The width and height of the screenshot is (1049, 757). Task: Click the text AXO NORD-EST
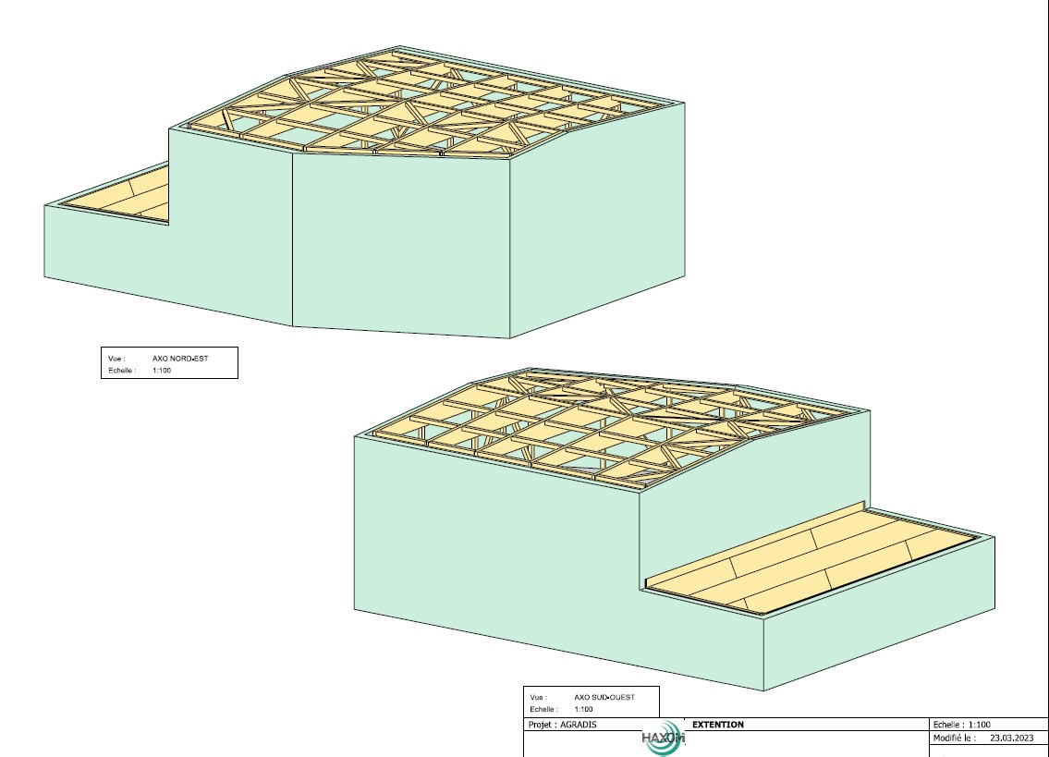180,358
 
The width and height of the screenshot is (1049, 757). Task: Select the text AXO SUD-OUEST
604,697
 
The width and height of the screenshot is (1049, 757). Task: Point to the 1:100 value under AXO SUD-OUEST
583,709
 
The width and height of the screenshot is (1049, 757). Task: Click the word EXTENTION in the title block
717,725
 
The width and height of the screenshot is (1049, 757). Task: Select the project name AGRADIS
579,725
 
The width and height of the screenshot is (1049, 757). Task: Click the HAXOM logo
662,739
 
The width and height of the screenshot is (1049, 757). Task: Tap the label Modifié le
954,739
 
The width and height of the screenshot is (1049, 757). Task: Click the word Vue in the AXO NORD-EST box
116,358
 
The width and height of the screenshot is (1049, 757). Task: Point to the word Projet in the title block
542,725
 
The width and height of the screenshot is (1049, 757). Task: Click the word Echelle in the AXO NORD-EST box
122,370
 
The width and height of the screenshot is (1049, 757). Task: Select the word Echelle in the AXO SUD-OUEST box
543,709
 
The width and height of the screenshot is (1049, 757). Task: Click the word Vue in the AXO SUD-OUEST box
537,697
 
